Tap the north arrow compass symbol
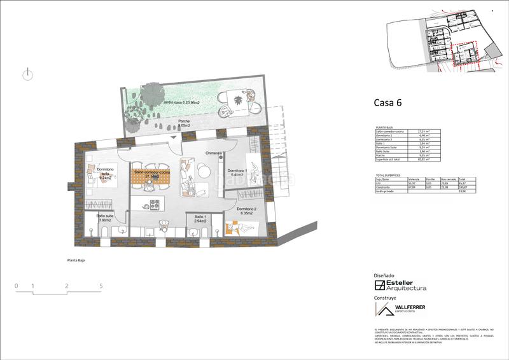27,74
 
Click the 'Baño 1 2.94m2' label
200,219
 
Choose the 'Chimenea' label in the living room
213,153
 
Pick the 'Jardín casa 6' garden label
181,102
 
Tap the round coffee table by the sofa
202,169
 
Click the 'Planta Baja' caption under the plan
76,260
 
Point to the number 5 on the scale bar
101,286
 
